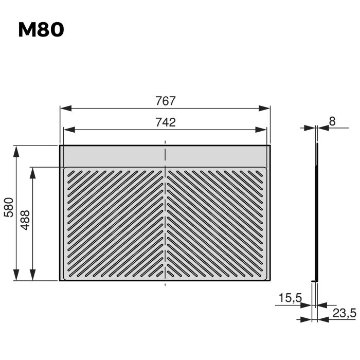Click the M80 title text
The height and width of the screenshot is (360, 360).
click(x=41, y=30)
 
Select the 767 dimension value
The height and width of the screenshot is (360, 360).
click(x=165, y=101)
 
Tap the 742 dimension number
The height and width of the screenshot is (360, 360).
click(x=165, y=122)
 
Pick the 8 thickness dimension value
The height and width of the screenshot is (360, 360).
click(x=332, y=121)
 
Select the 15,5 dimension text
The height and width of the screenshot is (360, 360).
click(x=290, y=298)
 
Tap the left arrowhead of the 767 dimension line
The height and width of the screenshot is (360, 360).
click(x=65, y=109)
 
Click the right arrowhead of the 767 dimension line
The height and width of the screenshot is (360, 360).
click(x=264, y=109)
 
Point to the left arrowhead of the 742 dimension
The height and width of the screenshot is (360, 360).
click(x=68, y=130)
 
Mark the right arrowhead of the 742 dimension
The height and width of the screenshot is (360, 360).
click(x=262, y=130)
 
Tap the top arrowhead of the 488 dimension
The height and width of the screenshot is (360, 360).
click(x=33, y=172)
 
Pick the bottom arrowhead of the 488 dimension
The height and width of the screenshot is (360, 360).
click(x=33, y=275)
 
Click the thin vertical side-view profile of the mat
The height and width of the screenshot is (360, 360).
click(x=317, y=211)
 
